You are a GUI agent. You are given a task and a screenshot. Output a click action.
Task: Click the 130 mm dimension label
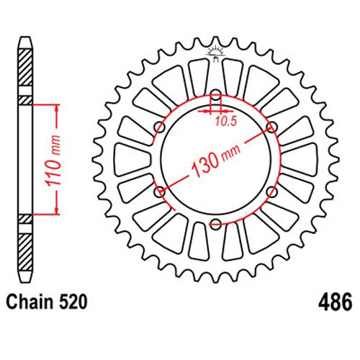(x=215, y=160)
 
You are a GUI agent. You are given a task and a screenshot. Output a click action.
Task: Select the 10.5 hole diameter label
(x=226, y=122)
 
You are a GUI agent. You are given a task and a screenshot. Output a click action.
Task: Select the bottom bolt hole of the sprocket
(x=216, y=224)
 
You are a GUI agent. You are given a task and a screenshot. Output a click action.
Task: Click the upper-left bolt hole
(x=160, y=127)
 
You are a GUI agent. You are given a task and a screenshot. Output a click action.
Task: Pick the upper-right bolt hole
(x=272, y=127)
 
